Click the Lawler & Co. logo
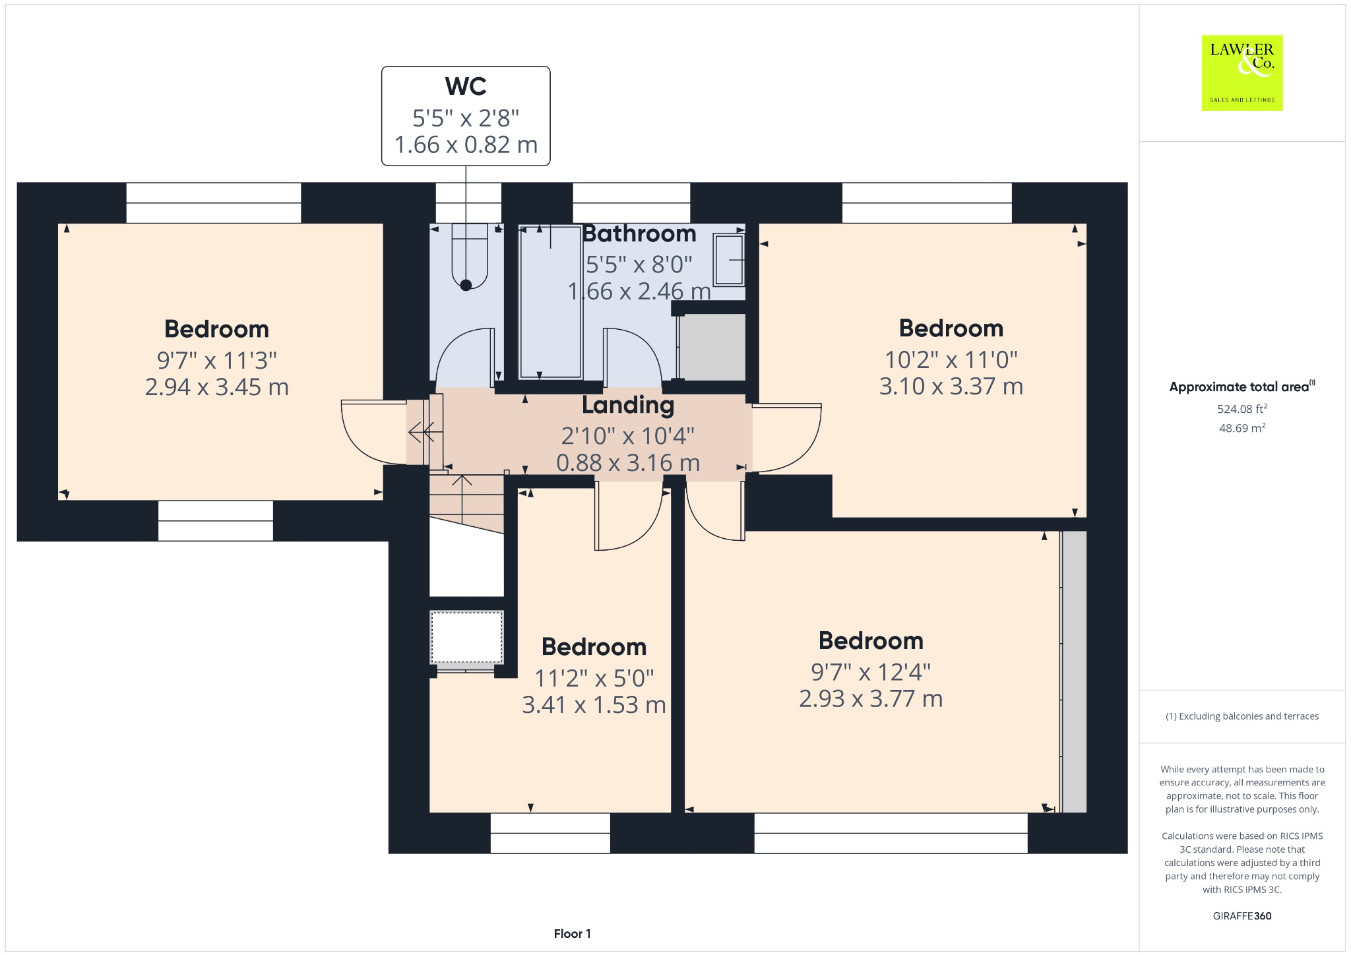click(x=1241, y=73)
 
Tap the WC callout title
click(x=466, y=86)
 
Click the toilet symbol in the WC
click(x=469, y=257)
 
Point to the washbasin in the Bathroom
click(x=729, y=260)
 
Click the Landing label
click(x=627, y=405)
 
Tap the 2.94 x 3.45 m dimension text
click(x=216, y=387)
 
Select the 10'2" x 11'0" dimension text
click(x=951, y=360)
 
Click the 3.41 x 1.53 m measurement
click(x=594, y=705)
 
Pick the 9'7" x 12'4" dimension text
click(x=870, y=672)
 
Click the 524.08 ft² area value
click(x=1241, y=409)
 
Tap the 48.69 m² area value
click(x=1241, y=428)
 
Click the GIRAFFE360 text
click(x=1241, y=915)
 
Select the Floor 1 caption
click(x=572, y=933)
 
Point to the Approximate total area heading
click(x=1240, y=387)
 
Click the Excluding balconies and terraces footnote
click(x=1241, y=716)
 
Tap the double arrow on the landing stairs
click(x=422, y=433)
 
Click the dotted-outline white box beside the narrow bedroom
click(x=466, y=637)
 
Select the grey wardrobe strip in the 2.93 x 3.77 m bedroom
click(x=1074, y=671)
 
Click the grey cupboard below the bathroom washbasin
click(x=712, y=347)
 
